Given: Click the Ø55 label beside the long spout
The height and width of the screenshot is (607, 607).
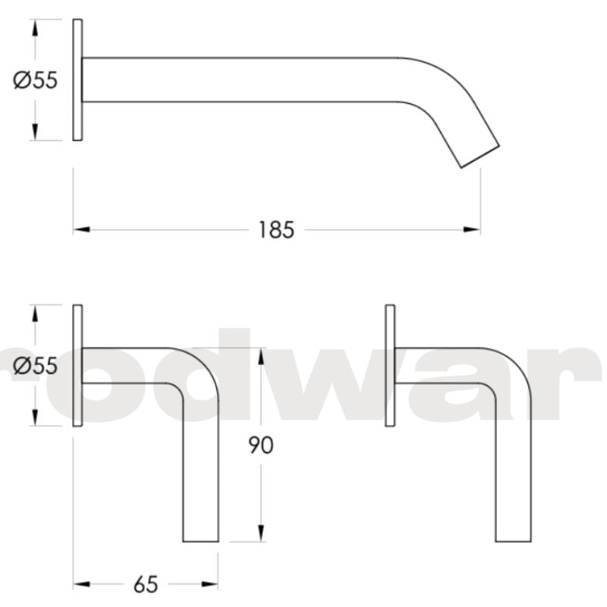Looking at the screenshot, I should coord(36,80).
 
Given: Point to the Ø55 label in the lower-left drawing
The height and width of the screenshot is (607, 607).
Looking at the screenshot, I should coord(36,366).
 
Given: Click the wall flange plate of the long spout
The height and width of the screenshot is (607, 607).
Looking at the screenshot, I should coord(77,80).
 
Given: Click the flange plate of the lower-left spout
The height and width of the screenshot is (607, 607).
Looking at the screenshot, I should coord(77,366).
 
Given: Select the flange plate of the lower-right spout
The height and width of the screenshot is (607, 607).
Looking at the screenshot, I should coord(390,366).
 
